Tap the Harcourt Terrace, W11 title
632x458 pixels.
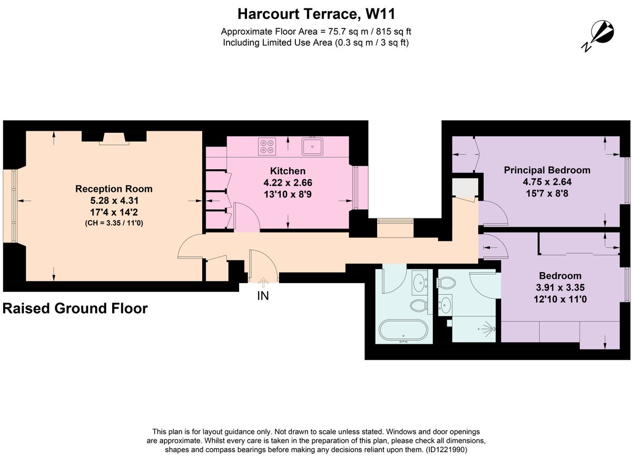pyautogui.click(x=315, y=13)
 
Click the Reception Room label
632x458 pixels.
pyautogui.click(x=114, y=189)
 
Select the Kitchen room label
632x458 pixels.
pyautogui.click(x=288, y=171)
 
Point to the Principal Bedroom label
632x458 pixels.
pyautogui.click(x=547, y=170)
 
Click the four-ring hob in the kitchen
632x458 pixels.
pyautogui.click(x=268, y=146)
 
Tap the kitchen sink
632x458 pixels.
pyautogui.click(x=313, y=145)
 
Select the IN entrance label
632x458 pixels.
pyautogui.click(x=263, y=296)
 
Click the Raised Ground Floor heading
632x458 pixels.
pyautogui.click(x=75, y=308)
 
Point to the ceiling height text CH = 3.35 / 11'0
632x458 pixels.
pyautogui.click(x=114, y=223)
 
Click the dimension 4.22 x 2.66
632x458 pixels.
pyautogui.click(x=288, y=183)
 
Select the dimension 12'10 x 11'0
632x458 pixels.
pyautogui.click(x=560, y=299)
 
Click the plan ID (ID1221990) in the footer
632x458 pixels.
pyautogui.click(x=446, y=450)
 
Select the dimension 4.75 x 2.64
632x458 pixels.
pyautogui.click(x=547, y=182)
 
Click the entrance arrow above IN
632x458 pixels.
pyautogui.click(x=263, y=284)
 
